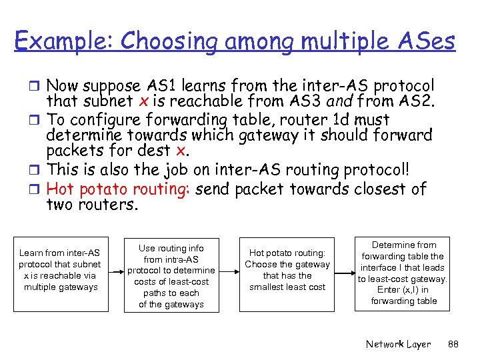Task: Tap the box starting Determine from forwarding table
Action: (403, 273)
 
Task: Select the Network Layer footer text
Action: (398, 344)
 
